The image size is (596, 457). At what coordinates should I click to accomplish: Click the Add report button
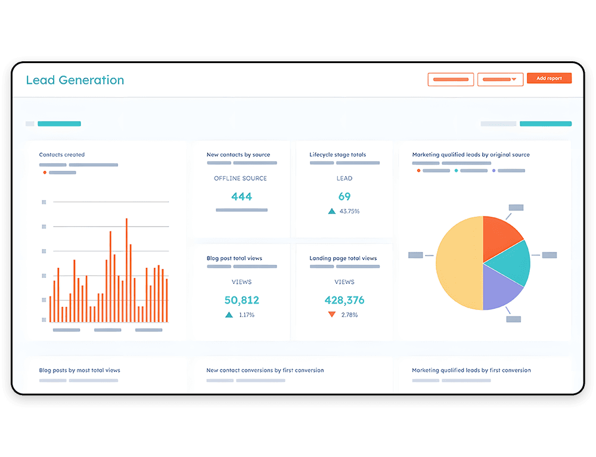click(x=549, y=79)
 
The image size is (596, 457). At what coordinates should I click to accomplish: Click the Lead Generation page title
click(x=75, y=80)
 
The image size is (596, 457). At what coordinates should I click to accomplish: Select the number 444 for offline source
click(x=241, y=196)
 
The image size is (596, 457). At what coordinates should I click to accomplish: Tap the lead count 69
click(x=344, y=196)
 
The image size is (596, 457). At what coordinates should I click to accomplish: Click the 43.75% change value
click(x=349, y=211)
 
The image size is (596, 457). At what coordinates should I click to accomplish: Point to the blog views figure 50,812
click(x=241, y=300)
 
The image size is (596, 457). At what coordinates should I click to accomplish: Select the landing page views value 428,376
click(x=344, y=300)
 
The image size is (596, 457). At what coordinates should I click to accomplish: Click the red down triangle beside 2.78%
click(x=332, y=314)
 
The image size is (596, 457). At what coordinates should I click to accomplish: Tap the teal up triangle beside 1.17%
click(x=229, y=314)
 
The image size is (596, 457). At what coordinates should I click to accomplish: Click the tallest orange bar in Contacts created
click(x=126, y=268)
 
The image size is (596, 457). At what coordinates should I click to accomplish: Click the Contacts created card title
click(x=62, y=155)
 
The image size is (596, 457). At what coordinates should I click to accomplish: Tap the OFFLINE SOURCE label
click(x=240, y=179)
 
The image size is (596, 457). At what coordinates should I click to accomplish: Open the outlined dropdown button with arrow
click(x=500, y=79)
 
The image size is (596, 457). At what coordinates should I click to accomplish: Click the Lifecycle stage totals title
click(x=337, y=155)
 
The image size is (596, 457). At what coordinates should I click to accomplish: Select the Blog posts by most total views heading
click(x=79, y=370)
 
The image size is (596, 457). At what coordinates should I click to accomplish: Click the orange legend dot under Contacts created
click(x=45, y=173)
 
